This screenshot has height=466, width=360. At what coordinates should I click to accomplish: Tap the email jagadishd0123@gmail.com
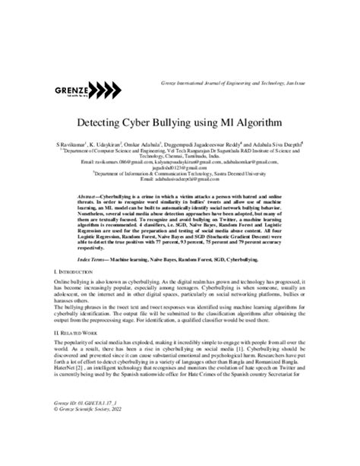[180, 167]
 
